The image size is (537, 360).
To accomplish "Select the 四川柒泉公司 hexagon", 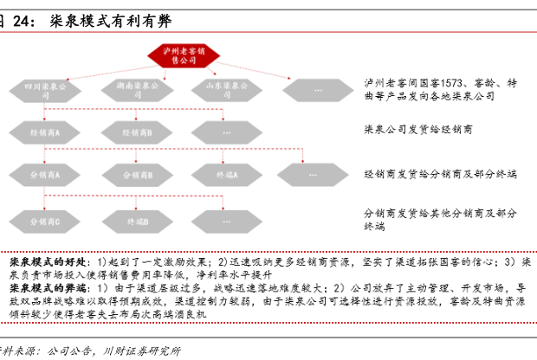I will tap(44, 88).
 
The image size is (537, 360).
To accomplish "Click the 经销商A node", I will tap(44, 132).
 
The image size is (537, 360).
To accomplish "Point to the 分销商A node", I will tap(44, 176).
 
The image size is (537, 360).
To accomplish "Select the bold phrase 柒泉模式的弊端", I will tap(45, 286).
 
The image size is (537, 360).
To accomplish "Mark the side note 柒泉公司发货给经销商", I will tap(419, 129).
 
